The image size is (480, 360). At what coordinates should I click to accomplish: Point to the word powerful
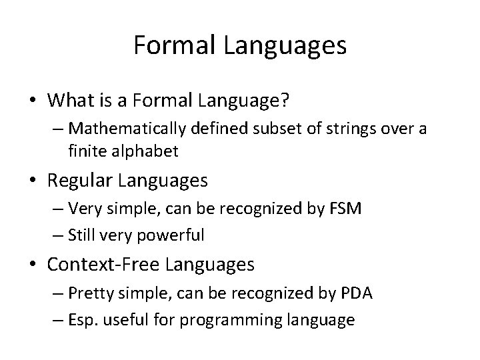(173, 235)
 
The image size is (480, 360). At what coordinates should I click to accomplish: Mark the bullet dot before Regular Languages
(31, 181)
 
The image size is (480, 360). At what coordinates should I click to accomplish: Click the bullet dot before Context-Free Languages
(31, 265)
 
